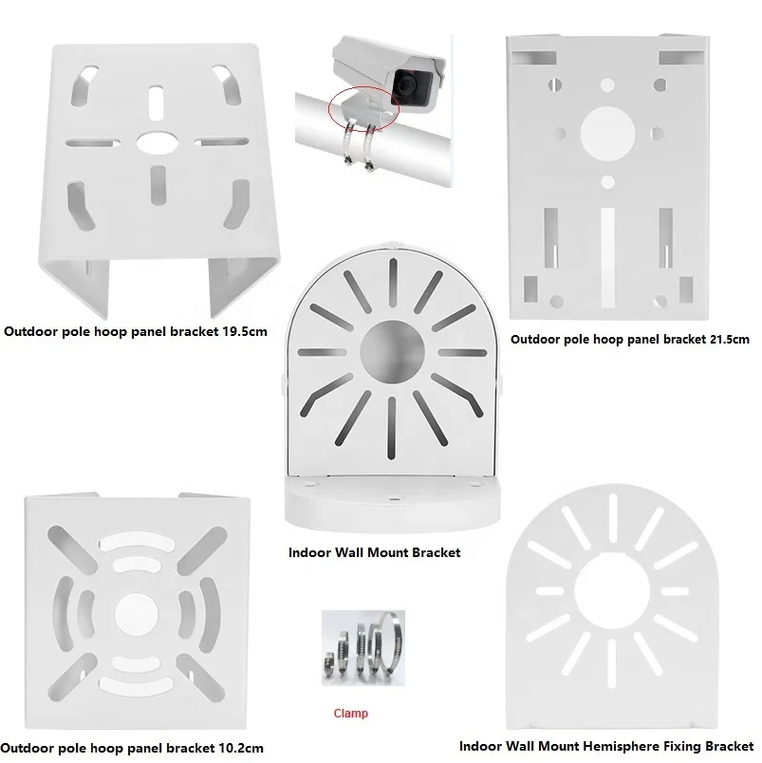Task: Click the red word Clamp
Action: pyautogui.click(x=350, y=714)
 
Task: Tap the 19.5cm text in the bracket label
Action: pyautogui.click(x=245, y=332)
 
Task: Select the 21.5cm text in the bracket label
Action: pyautogui.click(x=727, y=340)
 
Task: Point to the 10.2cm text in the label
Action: pyautogui.click(x=241, y=748)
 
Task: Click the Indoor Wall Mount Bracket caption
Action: pyautogui.click(x=374, y=552)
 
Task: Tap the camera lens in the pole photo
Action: pyautogui.click(x=408, y=87)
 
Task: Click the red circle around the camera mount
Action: pyautogui.click(x=364, y=109)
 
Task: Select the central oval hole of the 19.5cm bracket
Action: pyautogui.click(x=157, y=142)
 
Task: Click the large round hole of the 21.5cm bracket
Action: pyautogui.click(x=607, y=134)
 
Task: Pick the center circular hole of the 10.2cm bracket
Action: pyautogui.click(x=137, y=614)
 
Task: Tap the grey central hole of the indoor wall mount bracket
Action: pyautogui.click(x=392, y=352)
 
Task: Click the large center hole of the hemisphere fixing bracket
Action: pyautogui.click(x=612, y=590)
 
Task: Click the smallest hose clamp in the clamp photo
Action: pyautogui.click(x=330, y=664)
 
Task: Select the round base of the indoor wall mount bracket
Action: pyautogui.click(x=392, y=505)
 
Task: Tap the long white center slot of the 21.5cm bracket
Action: pyautogui.click(x=607, y=258)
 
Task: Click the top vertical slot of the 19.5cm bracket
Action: pyautogui.click(x=156, y=103)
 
